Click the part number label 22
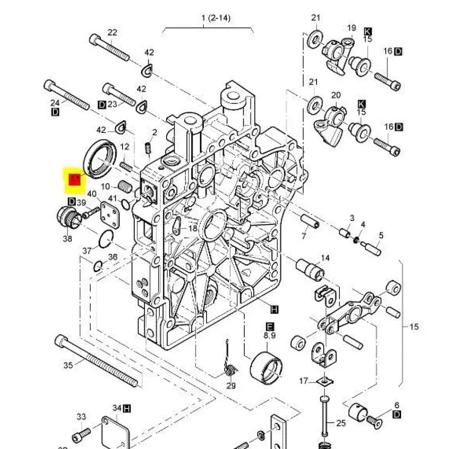click(x=112, y=32)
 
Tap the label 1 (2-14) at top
click(x=216, y=18)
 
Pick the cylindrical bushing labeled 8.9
click(x=268, y=366)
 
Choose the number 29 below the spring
click(x=231, y=386)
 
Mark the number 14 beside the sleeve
click(x=325, y=258)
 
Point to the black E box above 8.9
click(x=271, y=326)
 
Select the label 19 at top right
click(x=352, y=28)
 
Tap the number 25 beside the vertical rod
click(x=341, y=423)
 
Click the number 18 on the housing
click(x=193, y=228)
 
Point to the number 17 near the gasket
click(x=304, y=381)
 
